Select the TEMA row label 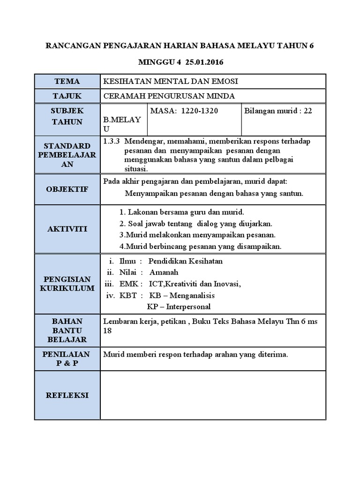coord(67,81)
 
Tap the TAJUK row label coord(67,96)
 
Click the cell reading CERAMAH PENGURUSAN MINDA coord(169,96)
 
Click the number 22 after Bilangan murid coord(307,111)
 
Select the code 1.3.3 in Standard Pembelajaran coord(111,141)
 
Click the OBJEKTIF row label coord(67,189)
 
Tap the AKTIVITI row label coord(67,229)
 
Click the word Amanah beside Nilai coord(164,272)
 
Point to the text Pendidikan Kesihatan coord(185,261)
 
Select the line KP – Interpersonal coord(179,307)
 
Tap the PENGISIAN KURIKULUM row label coord(67,284)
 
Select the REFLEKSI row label coord(67,395)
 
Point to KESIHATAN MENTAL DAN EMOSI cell coord(171,81)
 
